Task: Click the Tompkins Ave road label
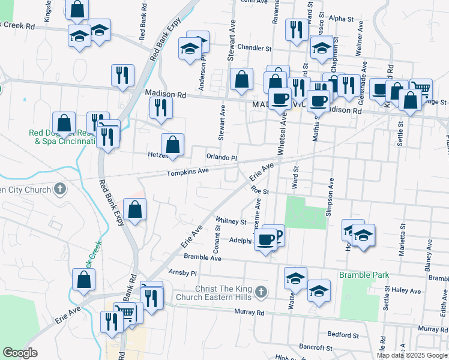pos(187,171)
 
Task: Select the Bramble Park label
pos(364,275)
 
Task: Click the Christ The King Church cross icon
pos(260,292)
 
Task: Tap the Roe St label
pos(259,191)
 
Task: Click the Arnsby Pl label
pos(182,273)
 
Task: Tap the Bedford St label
pos(343,334)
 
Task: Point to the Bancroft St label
pos(317,348)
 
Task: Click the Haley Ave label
pos(408,290)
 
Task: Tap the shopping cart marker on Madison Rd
pos(421,89)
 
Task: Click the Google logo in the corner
pos(20,353)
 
